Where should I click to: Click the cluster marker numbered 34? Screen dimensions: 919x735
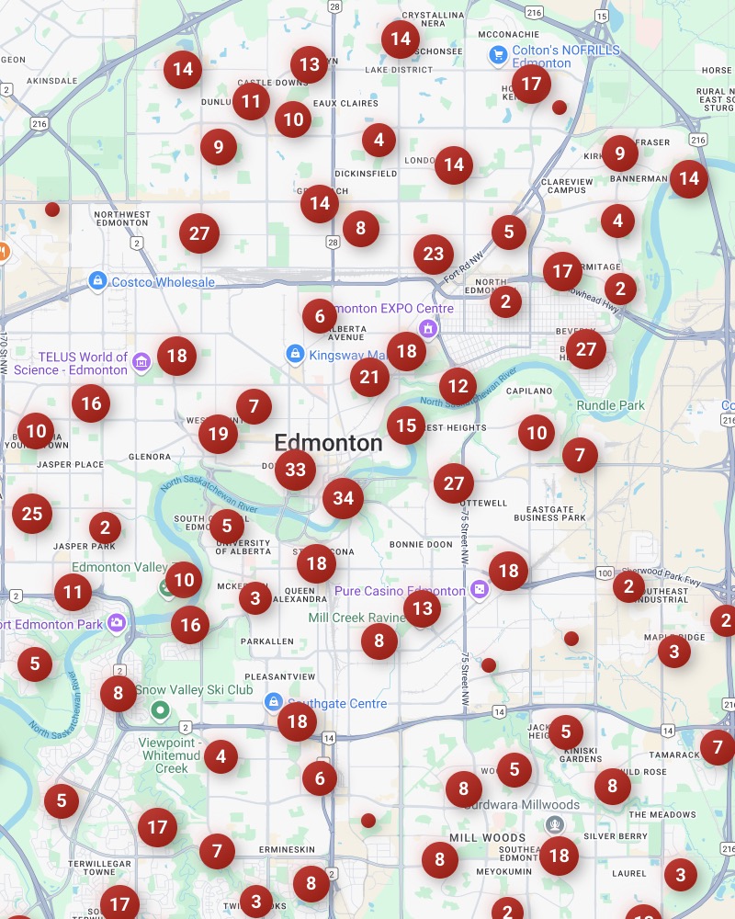(x=343, y=498)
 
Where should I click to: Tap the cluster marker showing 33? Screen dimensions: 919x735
(x=295, y=470)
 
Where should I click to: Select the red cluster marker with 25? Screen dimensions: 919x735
(x=32, y=514)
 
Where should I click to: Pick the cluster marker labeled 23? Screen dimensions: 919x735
(x=434, y=254)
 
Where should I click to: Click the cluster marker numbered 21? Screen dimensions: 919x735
(x=369, y=377)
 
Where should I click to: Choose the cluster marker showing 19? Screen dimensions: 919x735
(x=218, y=433)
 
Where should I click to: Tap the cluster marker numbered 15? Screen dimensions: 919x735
(x=406, y=425)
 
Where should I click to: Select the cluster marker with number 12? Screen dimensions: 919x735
(x=458, y=387)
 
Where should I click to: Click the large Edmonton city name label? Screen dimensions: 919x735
(x=328, y=443)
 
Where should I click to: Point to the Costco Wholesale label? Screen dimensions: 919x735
(x=163, y=282)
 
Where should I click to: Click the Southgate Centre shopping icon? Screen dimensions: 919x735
(x=273, y=703)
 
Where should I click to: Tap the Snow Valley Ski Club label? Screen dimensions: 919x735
(x=194, y=689)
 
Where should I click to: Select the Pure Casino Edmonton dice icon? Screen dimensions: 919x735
(x=479, y=590)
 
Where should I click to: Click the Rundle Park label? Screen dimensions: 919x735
(x=611, y=405)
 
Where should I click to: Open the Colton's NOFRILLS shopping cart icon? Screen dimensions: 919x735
(x=498, y=54)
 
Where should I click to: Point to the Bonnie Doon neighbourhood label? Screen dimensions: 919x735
(x=421, y=545)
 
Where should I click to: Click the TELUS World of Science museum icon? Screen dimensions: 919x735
(x=141, y=363)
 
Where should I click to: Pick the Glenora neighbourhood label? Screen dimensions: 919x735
(x=150, y=457)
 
